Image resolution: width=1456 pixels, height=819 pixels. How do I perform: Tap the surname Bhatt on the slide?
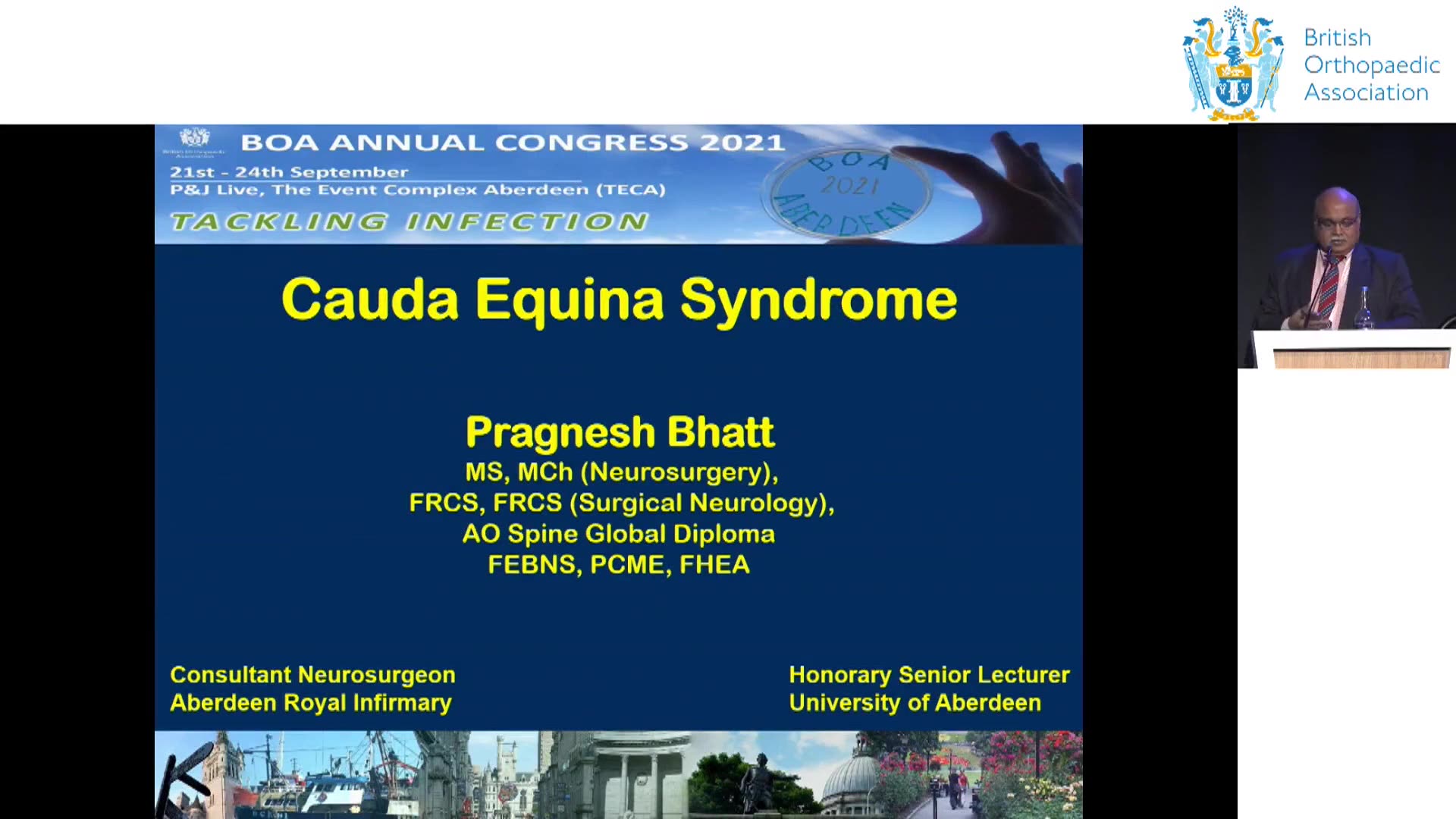pyautogui.click(x=720, y=431)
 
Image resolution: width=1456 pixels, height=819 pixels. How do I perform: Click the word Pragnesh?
pyautogui.click(x=560, y=433)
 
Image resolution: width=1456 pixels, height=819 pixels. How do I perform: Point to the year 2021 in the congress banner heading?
pyautogui.click(x=742, y=143)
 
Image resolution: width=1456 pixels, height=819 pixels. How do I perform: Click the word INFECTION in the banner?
pyautogui.click(x=527, y=221)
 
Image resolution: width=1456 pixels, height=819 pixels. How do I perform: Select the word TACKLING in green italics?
pyautogui.click(x=279, y=221)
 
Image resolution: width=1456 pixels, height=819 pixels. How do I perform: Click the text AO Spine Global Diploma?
pyautogui.click(x=619, y=534)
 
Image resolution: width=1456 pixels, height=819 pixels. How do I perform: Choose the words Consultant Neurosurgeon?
pyautogui.click(x=312, y=675)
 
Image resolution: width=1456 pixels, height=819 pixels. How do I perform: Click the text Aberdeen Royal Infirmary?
pyautogui.click(x=311, y=703)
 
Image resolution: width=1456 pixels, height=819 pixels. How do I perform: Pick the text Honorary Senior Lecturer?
pyautogui.click(x=929, y=675)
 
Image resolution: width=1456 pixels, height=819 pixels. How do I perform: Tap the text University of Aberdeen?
pyautogui.click(x=915, y=703)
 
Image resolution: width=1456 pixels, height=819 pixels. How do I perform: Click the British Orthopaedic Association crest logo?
pyautogui.click(x=1233, y=64)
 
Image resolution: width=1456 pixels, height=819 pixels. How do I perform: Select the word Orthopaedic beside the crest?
pyautogui.click(x=1372, y=65)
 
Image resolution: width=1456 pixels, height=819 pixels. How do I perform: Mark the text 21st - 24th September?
pyautogui.click(x=289, y=172)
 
